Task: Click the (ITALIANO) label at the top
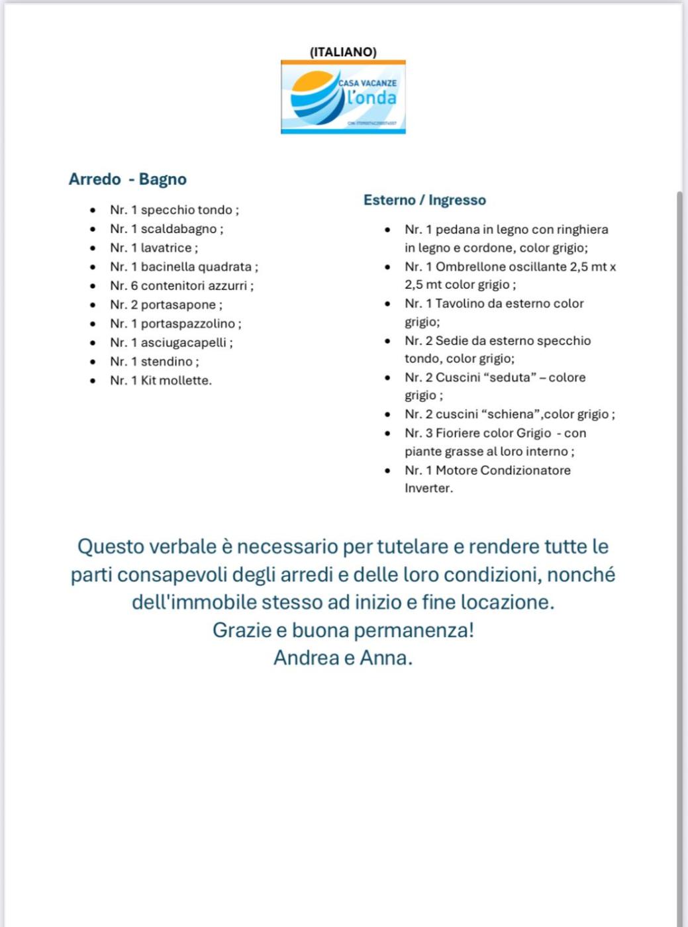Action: tap(343, 52)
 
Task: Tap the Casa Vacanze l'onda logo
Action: tap(343, 97)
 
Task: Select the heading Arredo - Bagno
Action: tap(128, 179)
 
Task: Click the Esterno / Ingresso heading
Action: tap(424, 200)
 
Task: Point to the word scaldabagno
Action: tap(178, 229)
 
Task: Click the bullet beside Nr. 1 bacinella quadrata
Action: tap(93, 267)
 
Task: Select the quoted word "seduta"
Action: tap(510, 377)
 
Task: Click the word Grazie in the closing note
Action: tap(242, 630)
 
